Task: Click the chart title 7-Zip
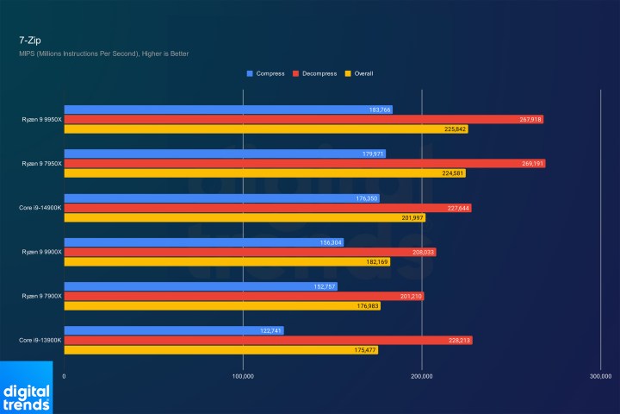tap(29, 39)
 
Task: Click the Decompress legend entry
tap(314, 73)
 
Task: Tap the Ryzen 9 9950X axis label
tap(42, 120)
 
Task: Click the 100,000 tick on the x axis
tap(243, 376)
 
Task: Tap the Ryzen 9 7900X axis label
tap(42, 296)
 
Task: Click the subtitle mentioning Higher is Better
tap(103, 53)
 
